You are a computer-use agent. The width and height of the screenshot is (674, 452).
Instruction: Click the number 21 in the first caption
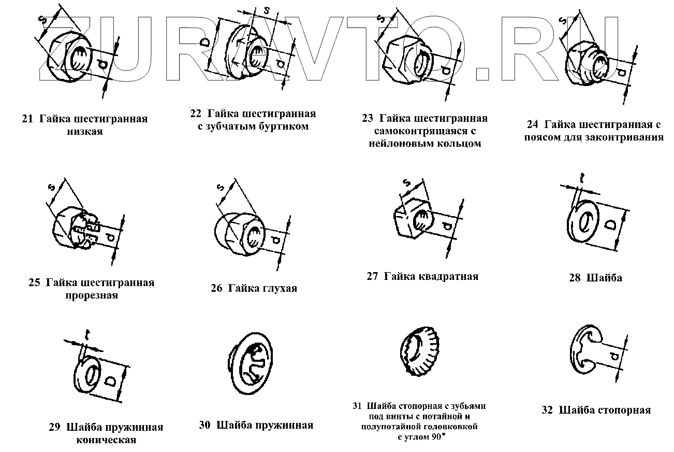click(x=27, y=119)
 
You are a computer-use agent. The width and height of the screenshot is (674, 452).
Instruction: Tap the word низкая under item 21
click(x=85, y=131)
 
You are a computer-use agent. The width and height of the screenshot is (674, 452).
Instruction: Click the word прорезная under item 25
click(x=92, y=295)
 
